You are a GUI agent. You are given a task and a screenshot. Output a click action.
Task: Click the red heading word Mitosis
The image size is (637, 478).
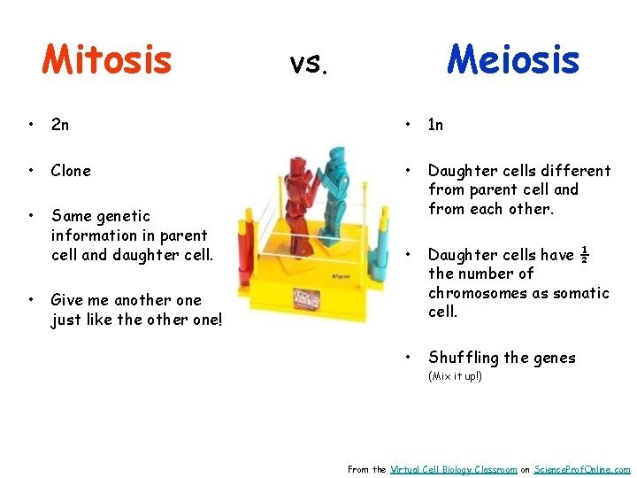(x=107, y=59)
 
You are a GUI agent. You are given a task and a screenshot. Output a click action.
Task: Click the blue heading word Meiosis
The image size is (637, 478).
(x=513, y=59)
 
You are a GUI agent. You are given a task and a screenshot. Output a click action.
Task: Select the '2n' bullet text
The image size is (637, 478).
(x=60, y=125)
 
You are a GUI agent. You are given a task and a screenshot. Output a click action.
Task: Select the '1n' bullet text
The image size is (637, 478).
(x=435, y=125)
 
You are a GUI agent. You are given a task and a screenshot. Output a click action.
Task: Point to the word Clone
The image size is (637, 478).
(x=71, y=171)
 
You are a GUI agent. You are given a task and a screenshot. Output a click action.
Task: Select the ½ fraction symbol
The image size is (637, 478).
(x=584, y=255)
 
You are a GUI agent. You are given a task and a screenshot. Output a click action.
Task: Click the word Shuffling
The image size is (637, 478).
(x=464, y=358)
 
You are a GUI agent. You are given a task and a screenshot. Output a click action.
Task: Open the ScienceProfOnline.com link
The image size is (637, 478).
(x=582, y=469)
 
